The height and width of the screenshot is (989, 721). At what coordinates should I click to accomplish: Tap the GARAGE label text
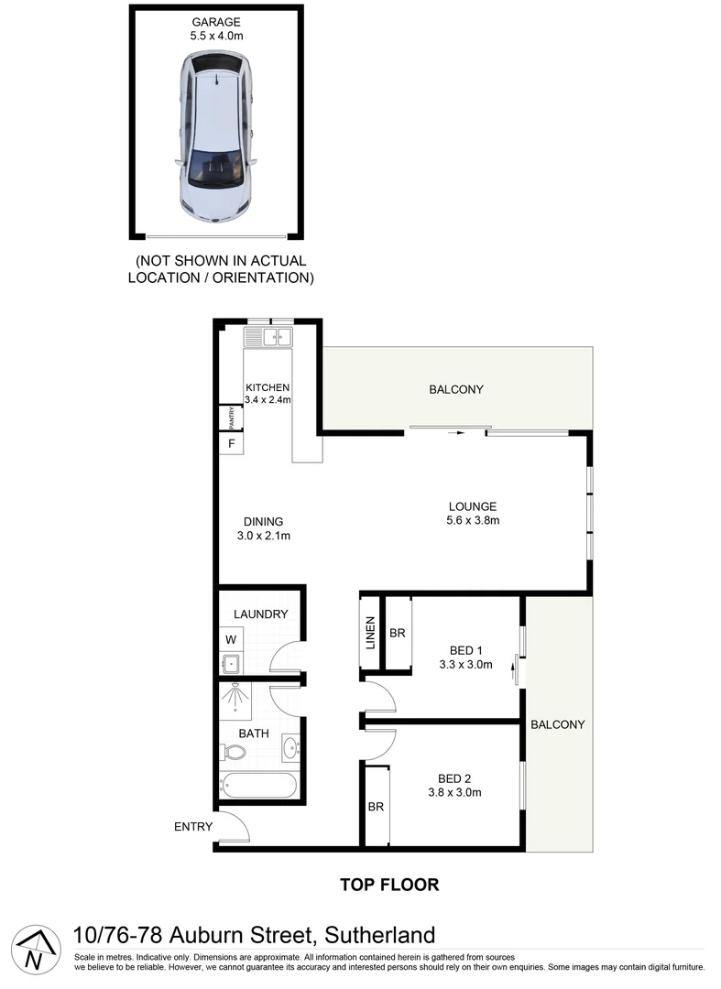pyautogui.click(x=215, y=21)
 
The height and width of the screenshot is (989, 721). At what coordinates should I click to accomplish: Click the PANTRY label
pyautogui.click(x=233, y=418)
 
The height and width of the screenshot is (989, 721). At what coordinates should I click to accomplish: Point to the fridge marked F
pyautogui.click(x=232, y=444)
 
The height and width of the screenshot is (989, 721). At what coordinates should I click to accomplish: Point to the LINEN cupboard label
pyautogui.click(x=370, y=633)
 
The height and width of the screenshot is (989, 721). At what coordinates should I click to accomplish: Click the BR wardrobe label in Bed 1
pyautogui.click(x=398, y=633)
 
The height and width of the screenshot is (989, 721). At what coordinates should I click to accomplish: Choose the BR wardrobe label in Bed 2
pyautogui.click(x=376, y=807)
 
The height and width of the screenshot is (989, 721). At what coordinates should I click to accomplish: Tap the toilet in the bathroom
pyautogui.click(x=235, y=753)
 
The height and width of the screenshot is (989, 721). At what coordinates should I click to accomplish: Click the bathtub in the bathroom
pyautogui.click(x=259, y=787)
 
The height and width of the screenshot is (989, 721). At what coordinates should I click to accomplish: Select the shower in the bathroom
pyautogui.click(x=237, y=701)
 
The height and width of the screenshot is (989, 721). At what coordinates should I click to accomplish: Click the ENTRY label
pyautogui.click(x=193, y=827)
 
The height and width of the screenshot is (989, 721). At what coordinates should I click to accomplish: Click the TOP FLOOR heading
pyautogui.click(x=389, y=885)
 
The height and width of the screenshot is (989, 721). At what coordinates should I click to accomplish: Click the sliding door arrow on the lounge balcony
pyautogui.click(x=454, y=433)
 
